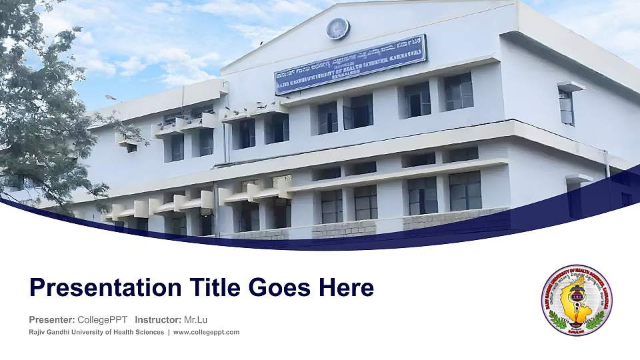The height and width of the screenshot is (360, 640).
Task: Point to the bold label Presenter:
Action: click(51, 320)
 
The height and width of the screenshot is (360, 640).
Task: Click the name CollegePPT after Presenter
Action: click(103, 320)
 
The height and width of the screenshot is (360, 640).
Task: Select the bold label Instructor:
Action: click(157, 320)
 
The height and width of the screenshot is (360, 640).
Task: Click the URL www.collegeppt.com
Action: click(206, 332)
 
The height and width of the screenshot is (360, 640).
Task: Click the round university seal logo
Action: click(577, 300)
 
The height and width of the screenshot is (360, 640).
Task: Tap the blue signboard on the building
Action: click(350, 64)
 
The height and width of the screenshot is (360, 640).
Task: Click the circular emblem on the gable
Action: click(338, 29)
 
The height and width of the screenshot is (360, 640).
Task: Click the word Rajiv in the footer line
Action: click(37, 332)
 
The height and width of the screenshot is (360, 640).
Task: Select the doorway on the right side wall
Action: click(575, 197)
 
